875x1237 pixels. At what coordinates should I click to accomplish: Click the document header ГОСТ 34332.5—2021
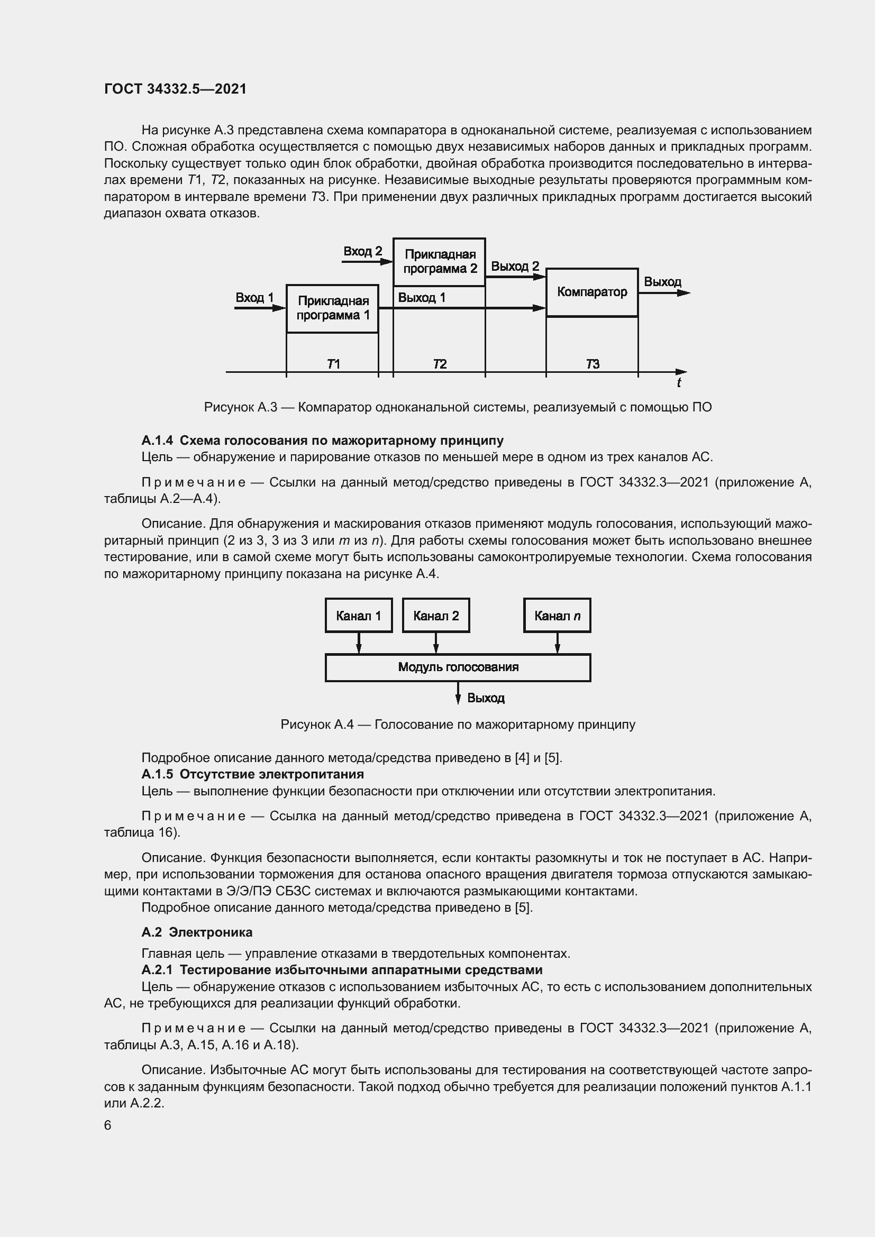pyautogui.click(x=175, y=89)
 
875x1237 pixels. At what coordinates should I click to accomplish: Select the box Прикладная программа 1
pyautogui.click(x=332, y=308)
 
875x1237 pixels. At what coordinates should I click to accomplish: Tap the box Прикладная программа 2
pyautogui.click(x=439, y=262)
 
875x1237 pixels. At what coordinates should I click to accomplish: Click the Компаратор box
pyautogui.click(x=591, y=292)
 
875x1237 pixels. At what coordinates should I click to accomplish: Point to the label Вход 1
pyautogui.click(x=254, y=297)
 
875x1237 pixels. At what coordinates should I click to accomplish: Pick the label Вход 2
pyautogui.click(x=362, y=251)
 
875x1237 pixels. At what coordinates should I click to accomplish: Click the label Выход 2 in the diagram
pyautogui.click(x=515, y=266)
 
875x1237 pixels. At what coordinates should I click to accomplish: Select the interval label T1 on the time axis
pyautogui.click(x=333, y=364)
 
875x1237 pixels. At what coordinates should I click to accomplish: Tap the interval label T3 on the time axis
pyautogui.click(x=592, y=364)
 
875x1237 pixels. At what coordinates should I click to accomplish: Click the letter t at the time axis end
pyautogui.click(x=678, y=382)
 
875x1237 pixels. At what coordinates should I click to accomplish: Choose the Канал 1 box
pyautogui.click(x=358, y=615)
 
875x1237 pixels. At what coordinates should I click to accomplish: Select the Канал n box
pyautogui.click(x=557, y=615)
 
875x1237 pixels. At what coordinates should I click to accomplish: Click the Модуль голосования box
pyautogui.click(x=458, y=667)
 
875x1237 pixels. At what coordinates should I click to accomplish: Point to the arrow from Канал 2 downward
pyautogui.click(x=436, y=643)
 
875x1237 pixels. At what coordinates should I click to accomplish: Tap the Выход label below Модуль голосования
pyautogui.click(x=486, y=698)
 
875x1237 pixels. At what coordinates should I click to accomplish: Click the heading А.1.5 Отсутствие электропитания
pyautogui.click(x=252, y=774)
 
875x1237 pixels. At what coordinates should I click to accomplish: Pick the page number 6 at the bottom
pyautogui.click(x=108, y=1125)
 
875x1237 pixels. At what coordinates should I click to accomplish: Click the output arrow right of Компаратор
pyautogui.click(x=664, y=293)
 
